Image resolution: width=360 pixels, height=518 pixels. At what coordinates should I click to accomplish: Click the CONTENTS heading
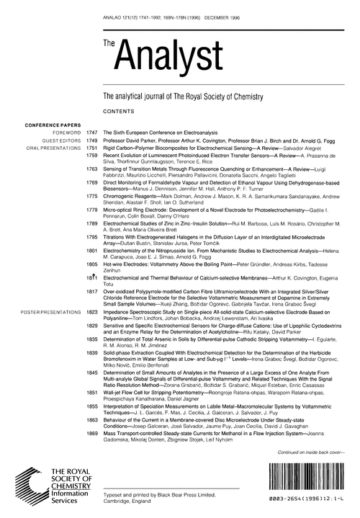pos(120,112)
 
